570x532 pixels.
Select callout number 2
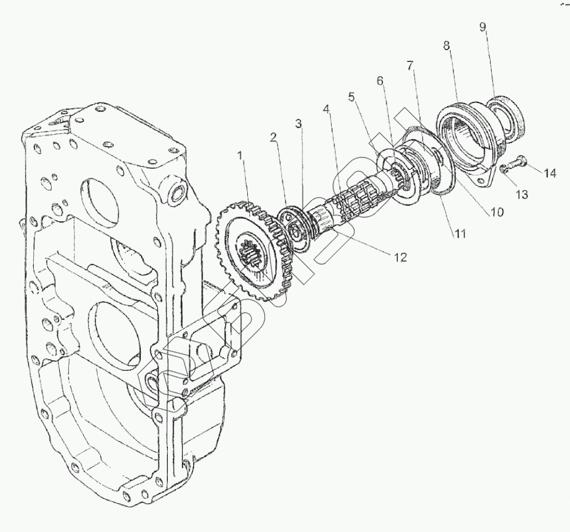pyautogui.click(x=273, y=137)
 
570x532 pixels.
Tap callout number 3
pyautogui.click(x=299, y=124)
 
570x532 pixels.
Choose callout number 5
pyautogui.click(x=352, y=97)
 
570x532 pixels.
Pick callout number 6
pyautogui.click(x=381, y=81)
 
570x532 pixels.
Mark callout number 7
pyautogui.click(x=409, y=65)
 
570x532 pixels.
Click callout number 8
pyautogui.click(x=447, y=46)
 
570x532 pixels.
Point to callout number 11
pyautogui.click(x=460, y=233)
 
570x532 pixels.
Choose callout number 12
pyautogui.click(x=400, y=257)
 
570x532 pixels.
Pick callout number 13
pyautogui.click(x=522, y=194)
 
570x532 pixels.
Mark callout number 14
pyautogui.click(x=550, y=173)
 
